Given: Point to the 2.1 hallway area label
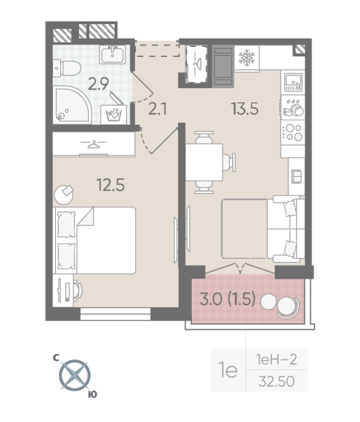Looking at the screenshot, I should pos(158,109).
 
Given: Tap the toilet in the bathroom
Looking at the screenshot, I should pos(68,67).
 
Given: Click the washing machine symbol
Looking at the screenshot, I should pos(115,113).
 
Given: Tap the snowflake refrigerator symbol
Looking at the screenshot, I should pos(245,59).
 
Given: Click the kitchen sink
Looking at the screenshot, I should pos(293,81).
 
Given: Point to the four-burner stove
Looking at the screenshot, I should pos(293,132).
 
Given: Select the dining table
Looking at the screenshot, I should pos(204,161).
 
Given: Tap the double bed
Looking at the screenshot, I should pos(95,239).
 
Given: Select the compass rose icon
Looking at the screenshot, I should pos(74,375).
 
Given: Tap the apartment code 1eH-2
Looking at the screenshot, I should pos(276,360).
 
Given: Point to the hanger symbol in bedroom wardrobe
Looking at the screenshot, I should pos(94,143).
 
